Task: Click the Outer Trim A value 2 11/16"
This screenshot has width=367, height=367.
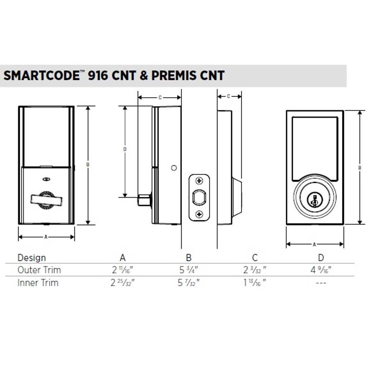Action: (122, 270)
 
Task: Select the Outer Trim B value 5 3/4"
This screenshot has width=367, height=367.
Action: (189, 270)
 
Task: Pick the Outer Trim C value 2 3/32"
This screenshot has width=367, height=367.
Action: (255, 270)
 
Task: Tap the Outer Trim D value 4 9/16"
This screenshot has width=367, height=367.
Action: (321, 270)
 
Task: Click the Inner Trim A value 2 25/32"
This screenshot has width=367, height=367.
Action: (122, 283)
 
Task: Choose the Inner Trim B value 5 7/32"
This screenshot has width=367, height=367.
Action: (189, 283)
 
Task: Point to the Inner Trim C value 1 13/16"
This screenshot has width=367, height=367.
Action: (255, 283)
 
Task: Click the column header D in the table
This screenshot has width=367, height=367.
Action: (321, 258)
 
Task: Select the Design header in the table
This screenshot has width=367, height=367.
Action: (32, 258)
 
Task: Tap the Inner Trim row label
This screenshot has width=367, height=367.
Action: (38, 283)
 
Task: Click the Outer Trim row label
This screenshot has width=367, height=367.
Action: (39, 270)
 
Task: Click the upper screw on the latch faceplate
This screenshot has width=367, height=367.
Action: (199, 181)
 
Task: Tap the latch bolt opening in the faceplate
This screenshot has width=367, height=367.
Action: (199, 198)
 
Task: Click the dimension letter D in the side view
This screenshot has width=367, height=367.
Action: (125, 149)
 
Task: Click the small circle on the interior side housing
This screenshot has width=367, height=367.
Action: (174, 168)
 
